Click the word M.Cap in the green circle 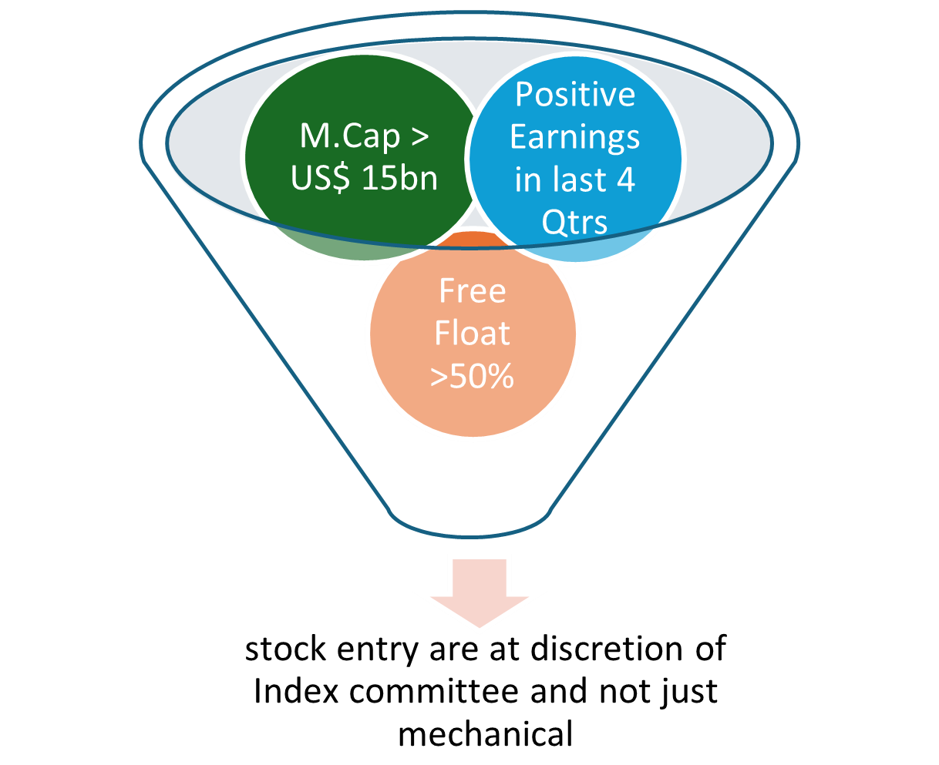(x=350, y=136)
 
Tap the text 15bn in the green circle (x=400, y=178)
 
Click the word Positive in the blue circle (x=575, y=95)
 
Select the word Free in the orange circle (x=473, y=291)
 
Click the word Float (x=472, y=333)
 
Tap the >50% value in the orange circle (x=472, y=376)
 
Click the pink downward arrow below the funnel (x=479, y=592)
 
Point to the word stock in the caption (x=285, y=649)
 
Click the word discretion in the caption (x=606, y=648)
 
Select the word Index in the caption (x=295, y=691)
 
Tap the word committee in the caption (x=434, y=692)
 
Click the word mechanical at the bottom (x=486, y=734)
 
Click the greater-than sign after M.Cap (x=420, y=136)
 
